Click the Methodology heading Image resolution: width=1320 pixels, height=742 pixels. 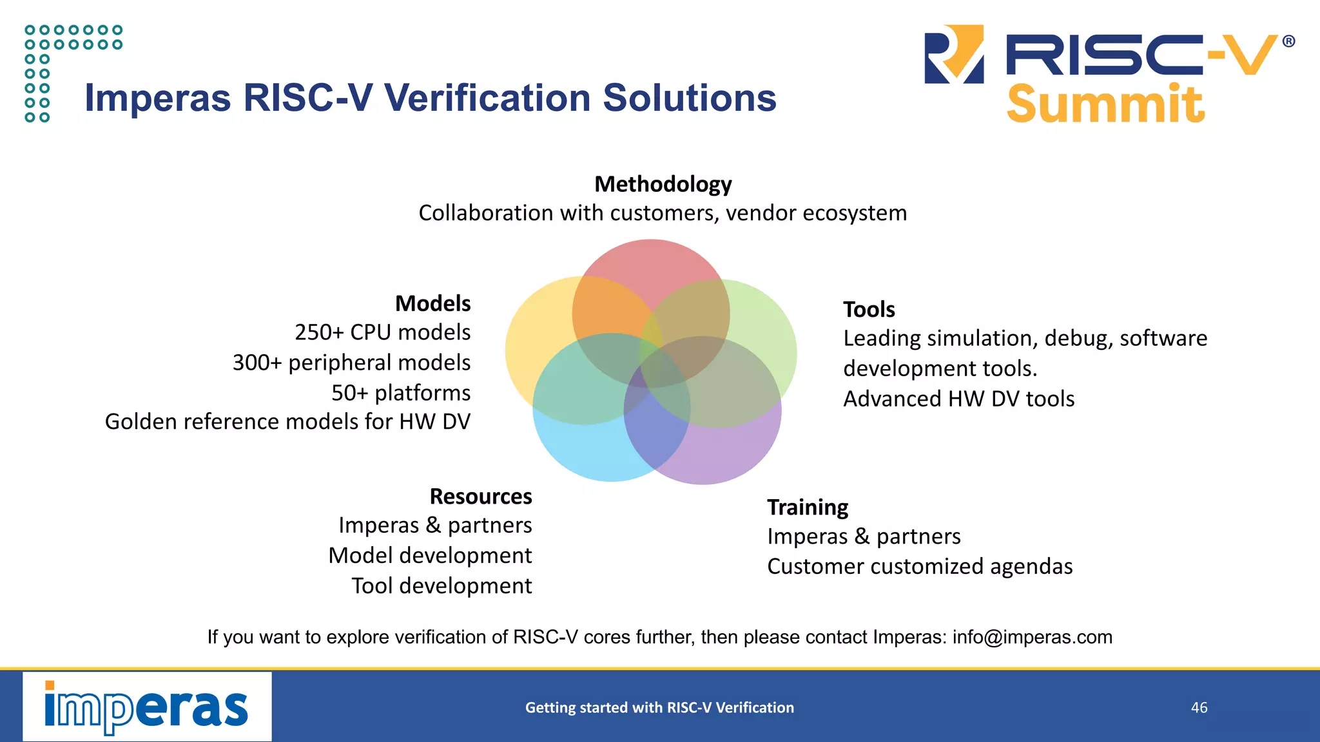pos(663,184)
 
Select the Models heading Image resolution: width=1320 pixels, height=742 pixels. pos(432,303)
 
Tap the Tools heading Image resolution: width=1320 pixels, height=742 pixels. pos(869,309)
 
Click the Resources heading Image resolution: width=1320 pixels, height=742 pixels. pos(481,497)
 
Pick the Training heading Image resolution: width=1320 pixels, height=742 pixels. pos(808,508)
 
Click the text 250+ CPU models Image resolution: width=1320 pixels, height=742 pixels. pos(382,332)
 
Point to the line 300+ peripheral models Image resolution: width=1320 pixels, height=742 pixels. pos(351,363)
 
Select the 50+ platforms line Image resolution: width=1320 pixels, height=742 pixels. pos(401,393)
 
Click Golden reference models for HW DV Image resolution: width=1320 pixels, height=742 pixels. pos(287,422)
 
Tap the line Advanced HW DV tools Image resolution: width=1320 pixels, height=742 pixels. pos(958,399)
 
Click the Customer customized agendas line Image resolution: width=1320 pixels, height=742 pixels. pos(920,567)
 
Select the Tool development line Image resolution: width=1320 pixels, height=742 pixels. pos(442,586)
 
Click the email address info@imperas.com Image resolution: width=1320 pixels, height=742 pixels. pos(1033,637)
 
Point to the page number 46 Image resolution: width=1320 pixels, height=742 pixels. pos(1199,708)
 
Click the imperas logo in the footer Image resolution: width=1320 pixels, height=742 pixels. pos(147,707)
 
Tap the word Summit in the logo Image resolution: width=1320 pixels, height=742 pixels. pos(1105,104)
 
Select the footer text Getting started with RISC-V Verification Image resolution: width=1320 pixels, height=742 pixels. pos(659,708)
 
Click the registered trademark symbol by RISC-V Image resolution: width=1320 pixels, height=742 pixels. pos(1288,42)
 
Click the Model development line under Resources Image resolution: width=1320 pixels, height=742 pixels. pos(430,556)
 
